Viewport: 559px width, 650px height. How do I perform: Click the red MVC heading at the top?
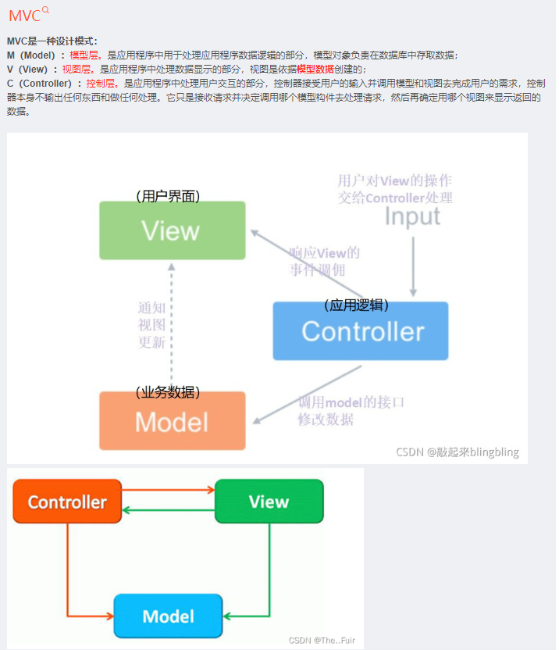click(24, 16)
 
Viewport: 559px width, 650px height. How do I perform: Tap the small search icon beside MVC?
click(45, 10)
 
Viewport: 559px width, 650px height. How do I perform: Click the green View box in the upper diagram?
click(172, 230)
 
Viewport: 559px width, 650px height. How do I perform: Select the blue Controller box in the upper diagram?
click(361, 331)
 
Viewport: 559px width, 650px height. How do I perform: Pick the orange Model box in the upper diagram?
click(172, 421)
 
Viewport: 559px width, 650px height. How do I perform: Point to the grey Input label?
click(412, 216)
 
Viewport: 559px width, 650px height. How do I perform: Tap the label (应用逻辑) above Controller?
click(357, 305)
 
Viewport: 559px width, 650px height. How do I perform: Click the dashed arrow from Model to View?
click(173, 328)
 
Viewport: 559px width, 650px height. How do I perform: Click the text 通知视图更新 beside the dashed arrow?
click(151, 325)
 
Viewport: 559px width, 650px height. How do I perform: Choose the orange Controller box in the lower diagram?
click(67, 502)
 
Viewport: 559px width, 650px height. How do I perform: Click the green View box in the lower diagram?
click(269, 502)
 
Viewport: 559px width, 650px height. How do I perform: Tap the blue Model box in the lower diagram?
click(168, 616)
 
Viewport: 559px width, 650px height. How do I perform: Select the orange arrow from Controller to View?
click(168, 491)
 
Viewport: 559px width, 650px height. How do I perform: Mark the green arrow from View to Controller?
click(168, 511)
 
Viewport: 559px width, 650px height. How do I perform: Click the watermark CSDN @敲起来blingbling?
click(457, 452)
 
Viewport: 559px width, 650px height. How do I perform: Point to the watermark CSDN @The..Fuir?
click(322, 641)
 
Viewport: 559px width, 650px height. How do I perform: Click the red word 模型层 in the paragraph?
click(84, 55)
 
